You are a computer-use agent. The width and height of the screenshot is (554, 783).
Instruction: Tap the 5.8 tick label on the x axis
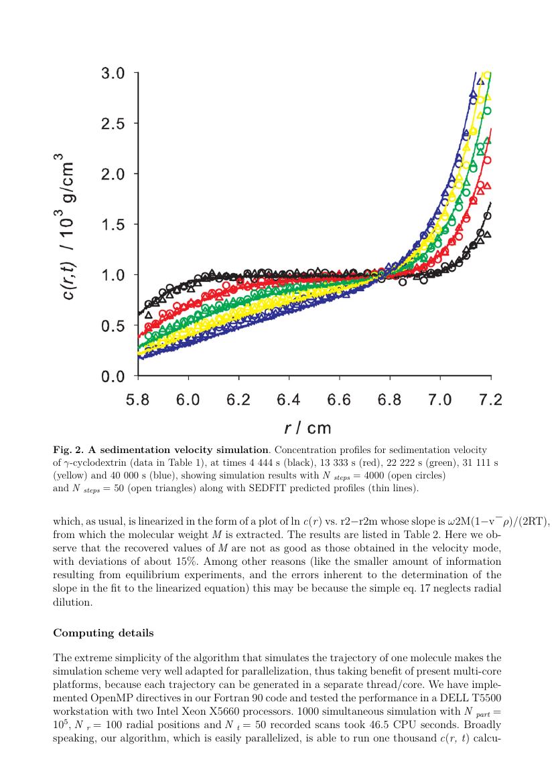tap(138, 400)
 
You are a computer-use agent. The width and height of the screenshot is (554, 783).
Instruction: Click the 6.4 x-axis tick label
tap(289, 400)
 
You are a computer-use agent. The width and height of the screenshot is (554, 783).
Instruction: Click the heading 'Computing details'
tap(103, 632)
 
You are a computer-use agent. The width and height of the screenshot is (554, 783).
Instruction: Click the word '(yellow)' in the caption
tap(72, 475)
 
